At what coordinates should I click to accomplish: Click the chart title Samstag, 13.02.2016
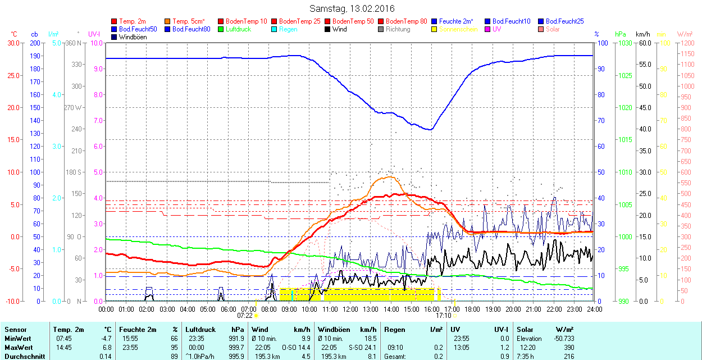click(352, 8)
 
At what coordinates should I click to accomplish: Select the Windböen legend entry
click(133, 37)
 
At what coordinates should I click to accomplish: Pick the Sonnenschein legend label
click(458, 29)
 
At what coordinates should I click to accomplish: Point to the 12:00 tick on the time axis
click(350, 309)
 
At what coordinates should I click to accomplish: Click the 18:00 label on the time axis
click(472, 309)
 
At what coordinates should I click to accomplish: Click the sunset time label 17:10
click(443, 316)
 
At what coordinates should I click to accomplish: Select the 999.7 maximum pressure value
click(237, 348)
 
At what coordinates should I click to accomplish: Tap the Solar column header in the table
click(525, 330)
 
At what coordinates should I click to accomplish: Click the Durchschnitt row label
click(24, 357)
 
